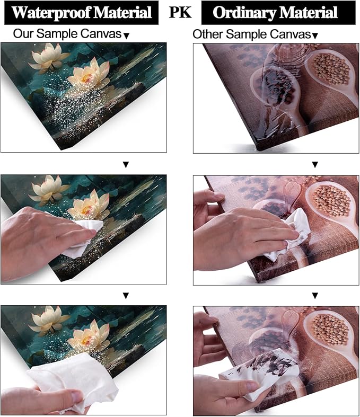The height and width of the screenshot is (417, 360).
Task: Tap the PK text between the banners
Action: pos(180,12)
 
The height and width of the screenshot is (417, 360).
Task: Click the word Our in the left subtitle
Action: pos(23,33)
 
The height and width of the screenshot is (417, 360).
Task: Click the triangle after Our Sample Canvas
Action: pos(127,36)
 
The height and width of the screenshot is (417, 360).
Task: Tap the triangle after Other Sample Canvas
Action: pos(315,36)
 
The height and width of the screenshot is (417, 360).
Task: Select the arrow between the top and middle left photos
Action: pos(126,165)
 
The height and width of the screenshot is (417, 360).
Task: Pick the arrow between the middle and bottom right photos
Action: pos(315,296)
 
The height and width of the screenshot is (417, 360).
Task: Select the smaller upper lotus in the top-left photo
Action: pos(48,58)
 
